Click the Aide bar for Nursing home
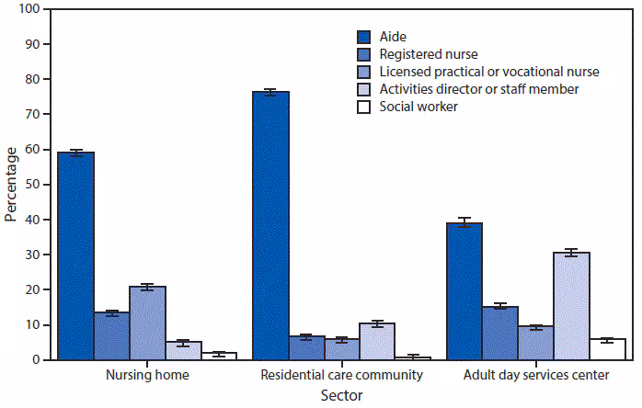[75, 255]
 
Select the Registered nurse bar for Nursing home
[111, 336]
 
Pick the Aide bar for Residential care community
[270, 225]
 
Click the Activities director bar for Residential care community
[377, 341]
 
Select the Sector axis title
[341, 395]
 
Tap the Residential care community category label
[341, 375]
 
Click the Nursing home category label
[130, 375]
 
